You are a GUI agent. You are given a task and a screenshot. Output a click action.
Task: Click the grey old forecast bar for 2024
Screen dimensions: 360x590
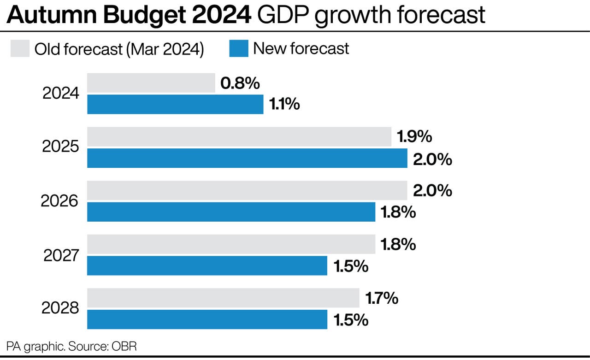tap(151, 83)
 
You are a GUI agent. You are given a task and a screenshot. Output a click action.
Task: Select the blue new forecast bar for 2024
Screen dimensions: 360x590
tap(175, 104)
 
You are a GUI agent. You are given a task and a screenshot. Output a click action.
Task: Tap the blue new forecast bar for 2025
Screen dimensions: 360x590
tap(247, 158)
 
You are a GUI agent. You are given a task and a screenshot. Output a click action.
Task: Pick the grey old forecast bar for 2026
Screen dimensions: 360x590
tap(247, 190)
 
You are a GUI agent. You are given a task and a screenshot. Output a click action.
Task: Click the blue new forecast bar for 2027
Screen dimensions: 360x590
tap(207, 266)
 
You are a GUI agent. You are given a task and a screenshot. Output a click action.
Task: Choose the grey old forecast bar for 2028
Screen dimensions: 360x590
tap(223, 298)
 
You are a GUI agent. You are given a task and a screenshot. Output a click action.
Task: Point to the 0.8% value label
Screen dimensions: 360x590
tap(240, 83)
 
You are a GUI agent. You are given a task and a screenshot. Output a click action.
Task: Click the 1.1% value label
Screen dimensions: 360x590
tap(284, 105)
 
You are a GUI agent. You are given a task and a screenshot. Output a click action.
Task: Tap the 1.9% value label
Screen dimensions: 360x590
tap(414, 136)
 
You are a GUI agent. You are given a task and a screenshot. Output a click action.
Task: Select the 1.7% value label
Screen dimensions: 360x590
tap(382, 298)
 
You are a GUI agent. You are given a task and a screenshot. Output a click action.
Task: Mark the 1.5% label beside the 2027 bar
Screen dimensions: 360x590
tap(351, 266)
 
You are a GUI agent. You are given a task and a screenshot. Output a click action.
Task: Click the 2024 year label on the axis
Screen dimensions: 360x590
tap(61, 94)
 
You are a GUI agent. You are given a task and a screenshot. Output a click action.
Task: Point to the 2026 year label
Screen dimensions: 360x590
tap(60, 201)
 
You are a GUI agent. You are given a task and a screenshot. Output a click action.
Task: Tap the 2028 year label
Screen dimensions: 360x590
tap(60, 308)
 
